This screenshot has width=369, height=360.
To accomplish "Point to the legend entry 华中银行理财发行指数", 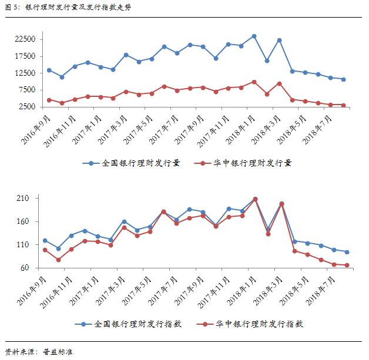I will (x=257, y=324).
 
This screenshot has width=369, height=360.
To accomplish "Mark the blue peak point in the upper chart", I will (x=254, y=36).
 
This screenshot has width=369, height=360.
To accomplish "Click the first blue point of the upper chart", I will (x=49, y=70).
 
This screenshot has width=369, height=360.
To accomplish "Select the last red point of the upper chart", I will (x=343, y=105).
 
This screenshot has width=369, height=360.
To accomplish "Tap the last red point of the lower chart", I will (x=347, y=265).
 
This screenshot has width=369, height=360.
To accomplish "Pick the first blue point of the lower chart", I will (x=45, y=241).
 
